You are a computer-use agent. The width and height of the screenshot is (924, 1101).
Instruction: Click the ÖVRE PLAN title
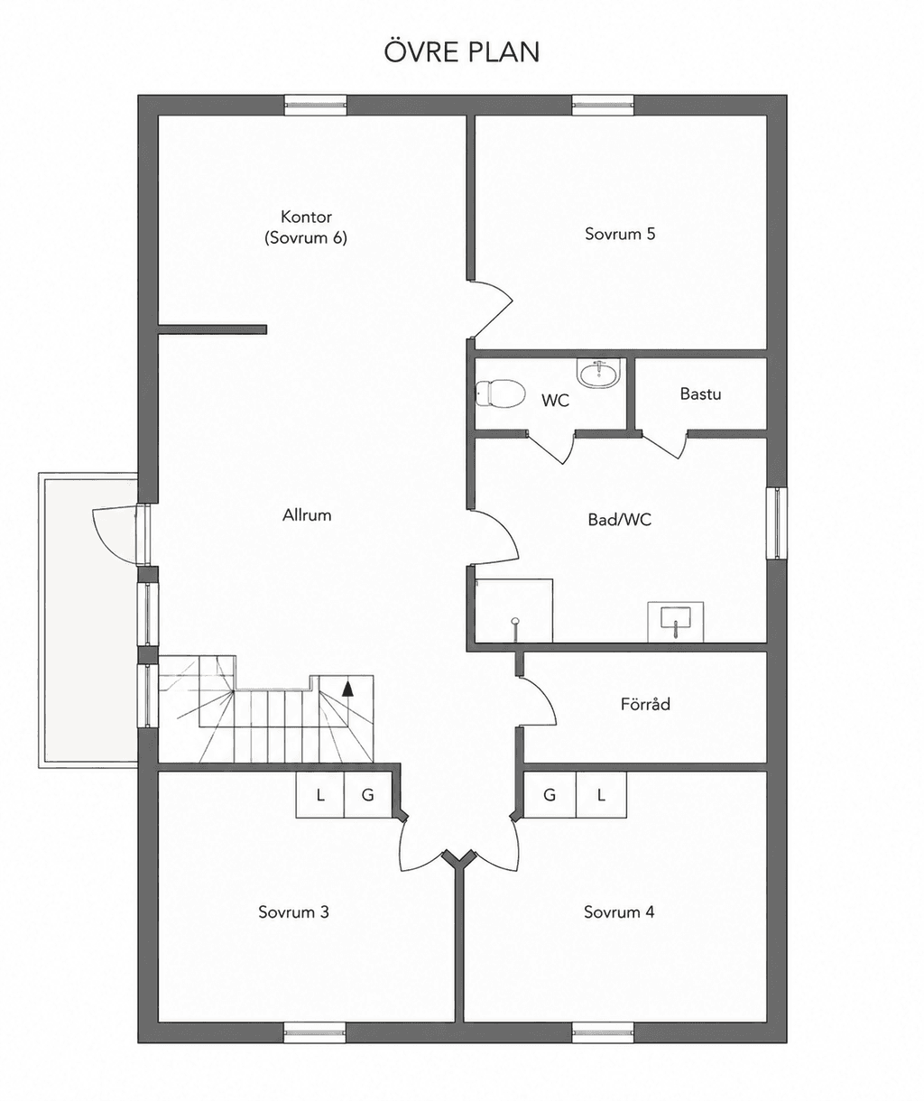point(461,51)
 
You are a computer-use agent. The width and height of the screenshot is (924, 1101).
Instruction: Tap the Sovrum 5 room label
point(620,234)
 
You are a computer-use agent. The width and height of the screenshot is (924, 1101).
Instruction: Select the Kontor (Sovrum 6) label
point(306,227)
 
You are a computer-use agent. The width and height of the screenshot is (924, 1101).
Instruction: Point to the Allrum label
point(307,514)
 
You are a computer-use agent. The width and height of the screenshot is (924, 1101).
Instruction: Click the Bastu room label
point(700,393)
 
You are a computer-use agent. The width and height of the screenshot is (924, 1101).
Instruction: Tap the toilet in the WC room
point(500,393)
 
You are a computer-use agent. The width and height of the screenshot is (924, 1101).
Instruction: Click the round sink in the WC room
point(600,374)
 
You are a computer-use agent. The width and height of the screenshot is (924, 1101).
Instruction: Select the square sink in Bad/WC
point(676,622)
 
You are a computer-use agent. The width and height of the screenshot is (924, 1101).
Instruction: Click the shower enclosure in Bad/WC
point(514,611)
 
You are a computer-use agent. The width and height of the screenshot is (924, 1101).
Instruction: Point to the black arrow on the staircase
point(347,689)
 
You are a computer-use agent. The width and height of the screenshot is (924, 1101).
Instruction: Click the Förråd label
point(645,704)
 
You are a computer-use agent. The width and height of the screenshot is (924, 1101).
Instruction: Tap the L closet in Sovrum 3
point(320,795)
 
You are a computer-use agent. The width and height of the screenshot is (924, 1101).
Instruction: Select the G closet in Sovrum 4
point(550,795)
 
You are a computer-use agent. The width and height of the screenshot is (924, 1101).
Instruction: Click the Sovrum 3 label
point(294,911)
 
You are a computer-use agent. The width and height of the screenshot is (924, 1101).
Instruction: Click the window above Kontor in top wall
point(316,105)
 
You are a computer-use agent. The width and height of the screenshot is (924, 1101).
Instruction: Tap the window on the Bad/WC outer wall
point(776,523)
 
